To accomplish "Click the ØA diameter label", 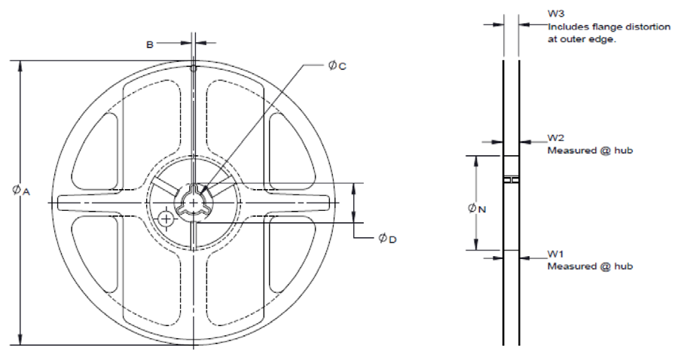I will (20, 191).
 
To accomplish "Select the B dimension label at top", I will (149, 44).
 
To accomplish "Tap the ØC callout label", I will (337, 66).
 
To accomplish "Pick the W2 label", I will (555, 139).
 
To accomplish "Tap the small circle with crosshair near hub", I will (166, 218).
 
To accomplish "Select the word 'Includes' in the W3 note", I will (565, 27).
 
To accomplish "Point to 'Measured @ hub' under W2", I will (588, 150).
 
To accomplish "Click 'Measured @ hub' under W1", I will (588, 267).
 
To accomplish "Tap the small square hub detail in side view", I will (511, 181).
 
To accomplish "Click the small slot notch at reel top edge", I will (194, 68).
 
